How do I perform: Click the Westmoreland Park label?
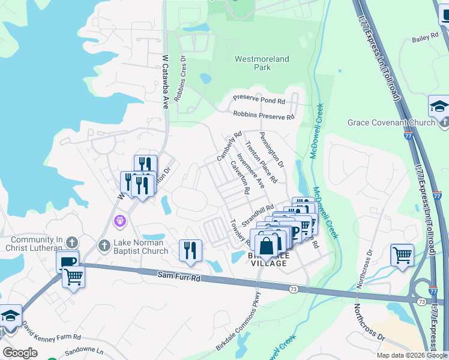click(261, 64)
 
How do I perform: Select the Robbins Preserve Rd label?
click(264, 115)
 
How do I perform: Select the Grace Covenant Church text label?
click(391, 123)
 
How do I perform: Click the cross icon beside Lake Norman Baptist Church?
click(104, 245)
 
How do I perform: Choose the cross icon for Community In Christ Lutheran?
click(71, 242)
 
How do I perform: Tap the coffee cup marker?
click(67, 262)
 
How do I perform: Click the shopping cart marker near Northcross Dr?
click(402, 254)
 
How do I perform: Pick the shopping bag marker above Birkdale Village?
click(266, 245)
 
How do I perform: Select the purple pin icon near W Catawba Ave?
click(121, 221)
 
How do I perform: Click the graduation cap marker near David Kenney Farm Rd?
click(10, 316)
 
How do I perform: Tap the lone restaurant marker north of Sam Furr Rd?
click(190, 250)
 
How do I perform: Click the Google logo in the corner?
click(20, 353)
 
